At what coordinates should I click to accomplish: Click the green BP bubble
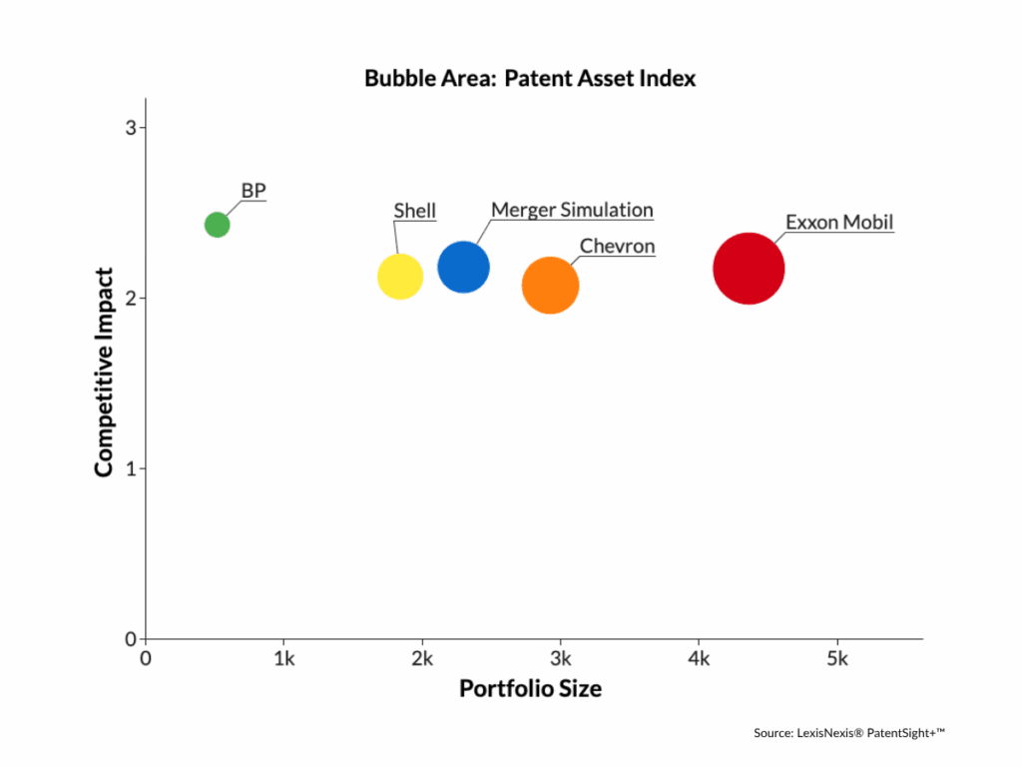[217, 225]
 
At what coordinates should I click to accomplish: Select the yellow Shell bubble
[400, 277]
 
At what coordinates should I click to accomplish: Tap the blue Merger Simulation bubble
[463, 268]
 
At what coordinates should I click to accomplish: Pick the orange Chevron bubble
[550, 286]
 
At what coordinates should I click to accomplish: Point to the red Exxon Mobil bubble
[749, 268]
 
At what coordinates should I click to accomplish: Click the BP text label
[254, 191]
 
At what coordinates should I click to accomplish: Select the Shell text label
[415, 211]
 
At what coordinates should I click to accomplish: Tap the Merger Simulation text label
[572, 210]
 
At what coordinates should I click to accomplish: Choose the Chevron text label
[617, 247]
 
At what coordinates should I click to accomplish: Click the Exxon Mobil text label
[839, 222]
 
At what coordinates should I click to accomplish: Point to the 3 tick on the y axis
[131, 128]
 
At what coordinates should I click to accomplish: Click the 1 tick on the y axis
[131, 468]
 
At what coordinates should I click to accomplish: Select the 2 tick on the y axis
[131, 298]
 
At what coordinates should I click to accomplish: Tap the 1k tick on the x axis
[284, 659]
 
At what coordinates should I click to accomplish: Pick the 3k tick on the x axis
[561, 659]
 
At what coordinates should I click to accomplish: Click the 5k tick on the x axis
[837, 659]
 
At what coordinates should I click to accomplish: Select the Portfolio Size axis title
[530, 689]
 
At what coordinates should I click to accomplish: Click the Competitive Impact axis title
[104, 372]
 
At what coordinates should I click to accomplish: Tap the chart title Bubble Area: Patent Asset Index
[530, 78]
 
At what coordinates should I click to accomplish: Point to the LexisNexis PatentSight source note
[848, 733]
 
